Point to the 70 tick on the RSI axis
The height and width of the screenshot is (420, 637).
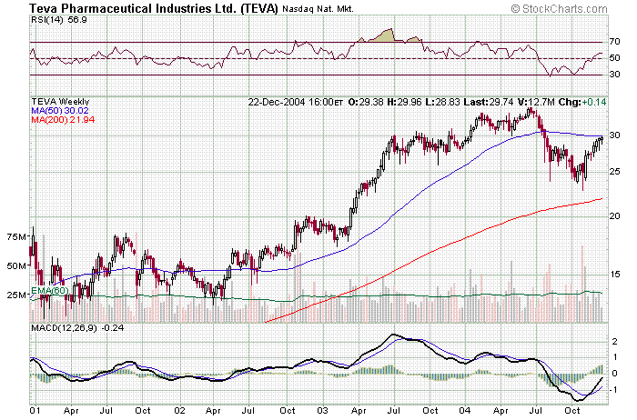[615, 42]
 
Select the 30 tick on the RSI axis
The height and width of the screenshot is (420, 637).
[615, 75]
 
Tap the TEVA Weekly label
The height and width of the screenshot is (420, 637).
[62, 101]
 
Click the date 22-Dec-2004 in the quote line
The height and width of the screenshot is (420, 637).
[278, 101]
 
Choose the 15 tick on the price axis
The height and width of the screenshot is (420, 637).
[615, 273]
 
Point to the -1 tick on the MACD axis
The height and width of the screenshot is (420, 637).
[615, 389]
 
